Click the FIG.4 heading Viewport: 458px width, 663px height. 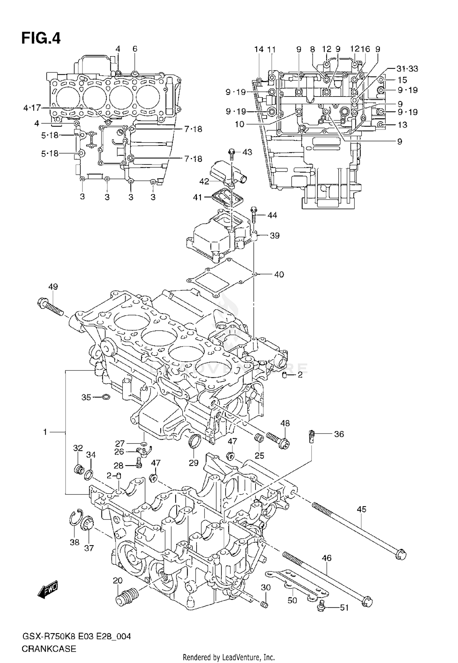click(x=41, y=39)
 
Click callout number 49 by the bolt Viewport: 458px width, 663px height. click(x=53, y=287)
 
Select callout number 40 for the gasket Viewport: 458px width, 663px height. click(x=279, y=274)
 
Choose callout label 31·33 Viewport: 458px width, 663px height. click(x=407, y=69)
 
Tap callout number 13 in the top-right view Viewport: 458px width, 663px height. click(x=402, y=125)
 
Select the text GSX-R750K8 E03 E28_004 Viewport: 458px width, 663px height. click(x=76, y=636)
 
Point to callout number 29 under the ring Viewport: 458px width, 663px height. click(x=194, y=463)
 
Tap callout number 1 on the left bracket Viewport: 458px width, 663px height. click(x=45, y=432)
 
